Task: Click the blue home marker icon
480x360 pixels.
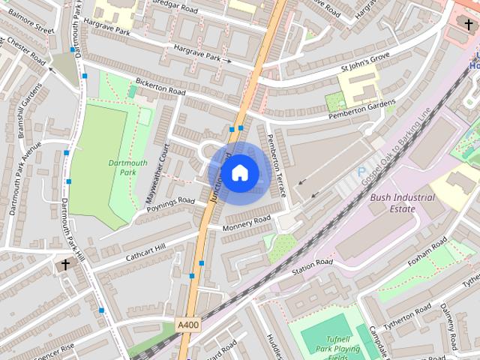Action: tap(239, 173)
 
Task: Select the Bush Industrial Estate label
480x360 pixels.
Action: tap(402, 203)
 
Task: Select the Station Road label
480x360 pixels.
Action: tap(311, 265)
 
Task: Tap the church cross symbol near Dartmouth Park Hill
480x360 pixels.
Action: tap(64, 265)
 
